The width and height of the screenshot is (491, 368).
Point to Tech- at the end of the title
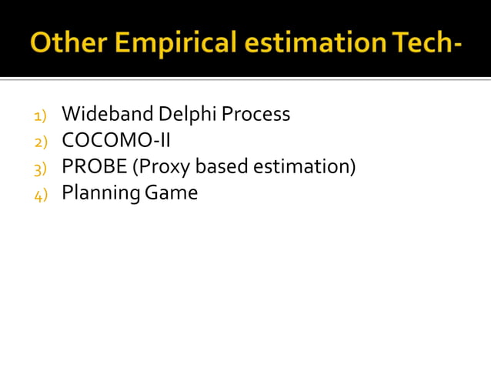426,42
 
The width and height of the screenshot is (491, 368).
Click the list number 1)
40,115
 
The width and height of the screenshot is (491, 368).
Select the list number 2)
40,142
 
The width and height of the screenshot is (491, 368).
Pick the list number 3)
40,168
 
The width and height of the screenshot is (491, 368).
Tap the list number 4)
40,194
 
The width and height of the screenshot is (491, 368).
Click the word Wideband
107,115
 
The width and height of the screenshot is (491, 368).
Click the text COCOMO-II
116,141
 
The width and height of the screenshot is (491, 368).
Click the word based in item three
223,167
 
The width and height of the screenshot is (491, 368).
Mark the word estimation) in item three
304,167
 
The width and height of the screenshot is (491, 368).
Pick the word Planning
98,193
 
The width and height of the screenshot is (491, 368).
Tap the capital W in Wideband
71,115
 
